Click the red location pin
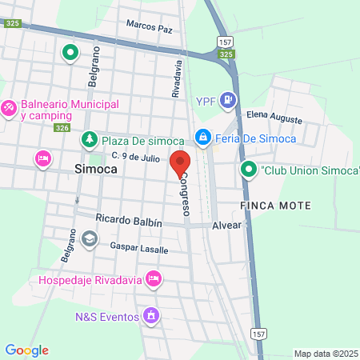click(x=179, y=162)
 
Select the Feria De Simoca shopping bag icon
click(x=204, y=138)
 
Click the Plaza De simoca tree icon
click(x=90, y=140)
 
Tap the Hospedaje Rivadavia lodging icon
click(x=154, y=279)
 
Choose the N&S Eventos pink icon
click(x=150, y=317)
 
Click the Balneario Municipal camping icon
click(x=9, y=106)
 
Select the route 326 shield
click(x=62, y=128)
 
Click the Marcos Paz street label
click(x=149, y=28)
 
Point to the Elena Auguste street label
click(x=274, y=118)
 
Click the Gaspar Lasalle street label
click(x=139, y=249)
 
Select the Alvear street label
click(x=226, y=226)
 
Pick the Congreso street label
click(x=185, y=194)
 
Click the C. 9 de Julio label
click(x=136, y=156)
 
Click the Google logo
click(x=27, y=350)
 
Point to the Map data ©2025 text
click(x=325, y=354)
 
